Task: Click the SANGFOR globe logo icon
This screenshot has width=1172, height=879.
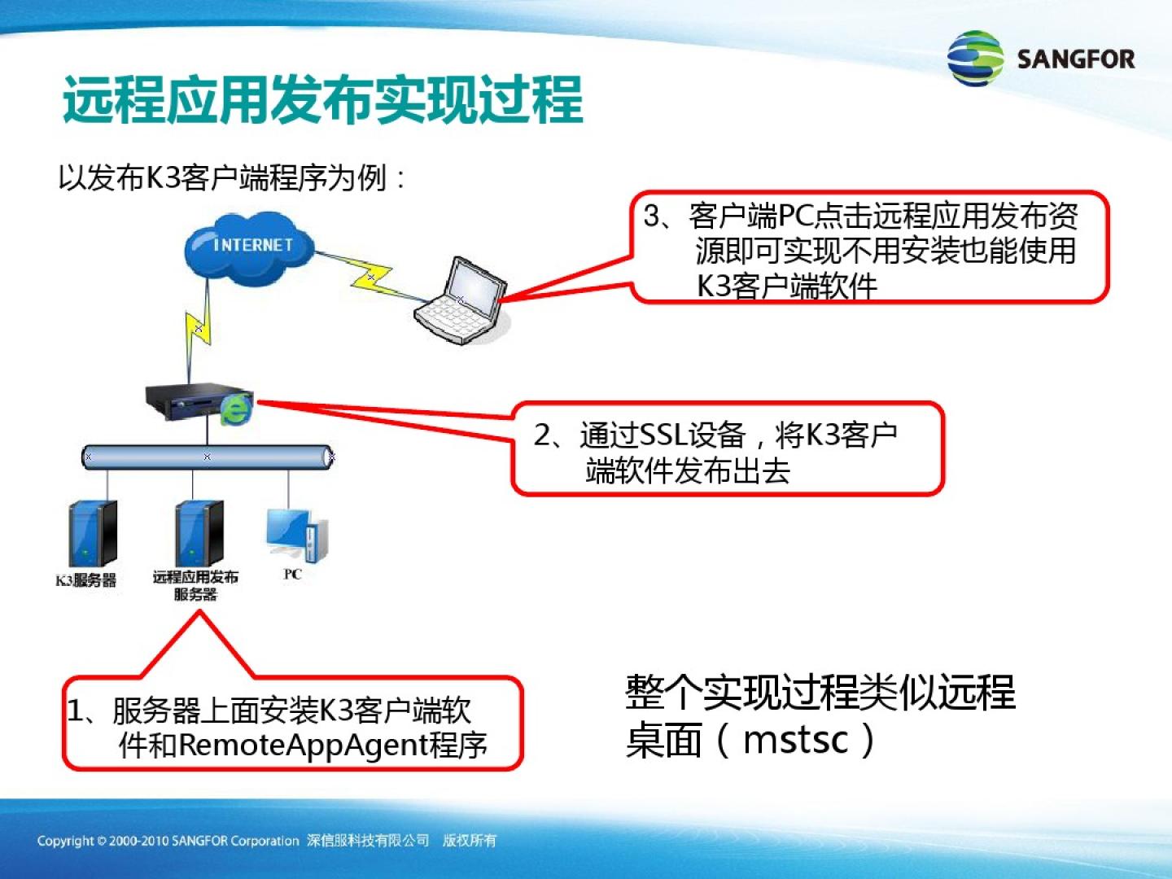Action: click(x=975, y=58)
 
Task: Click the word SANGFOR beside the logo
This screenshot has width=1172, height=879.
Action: click(x=1076, y=59)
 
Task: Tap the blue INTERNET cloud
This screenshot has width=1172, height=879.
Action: click(x=249, y=248)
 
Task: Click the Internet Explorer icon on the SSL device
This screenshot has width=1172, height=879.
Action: click(x=236, y=410)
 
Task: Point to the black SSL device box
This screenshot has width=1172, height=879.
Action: click(x=195, y=401)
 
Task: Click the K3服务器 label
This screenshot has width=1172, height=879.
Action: click(x=85, y=580)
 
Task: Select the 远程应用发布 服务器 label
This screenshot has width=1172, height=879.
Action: click(x=195, y=585)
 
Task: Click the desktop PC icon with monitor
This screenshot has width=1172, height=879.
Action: click(x=297, y=534)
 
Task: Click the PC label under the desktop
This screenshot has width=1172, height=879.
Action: click(x=293, y=575)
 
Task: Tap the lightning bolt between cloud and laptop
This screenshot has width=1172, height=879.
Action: click(x=372, y=277)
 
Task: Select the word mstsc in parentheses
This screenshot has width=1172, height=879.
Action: click(x=795, y=741)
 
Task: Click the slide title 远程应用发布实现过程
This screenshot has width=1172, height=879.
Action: click(x=322, y=100)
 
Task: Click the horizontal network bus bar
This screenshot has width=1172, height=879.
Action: click(x=208, y=457)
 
